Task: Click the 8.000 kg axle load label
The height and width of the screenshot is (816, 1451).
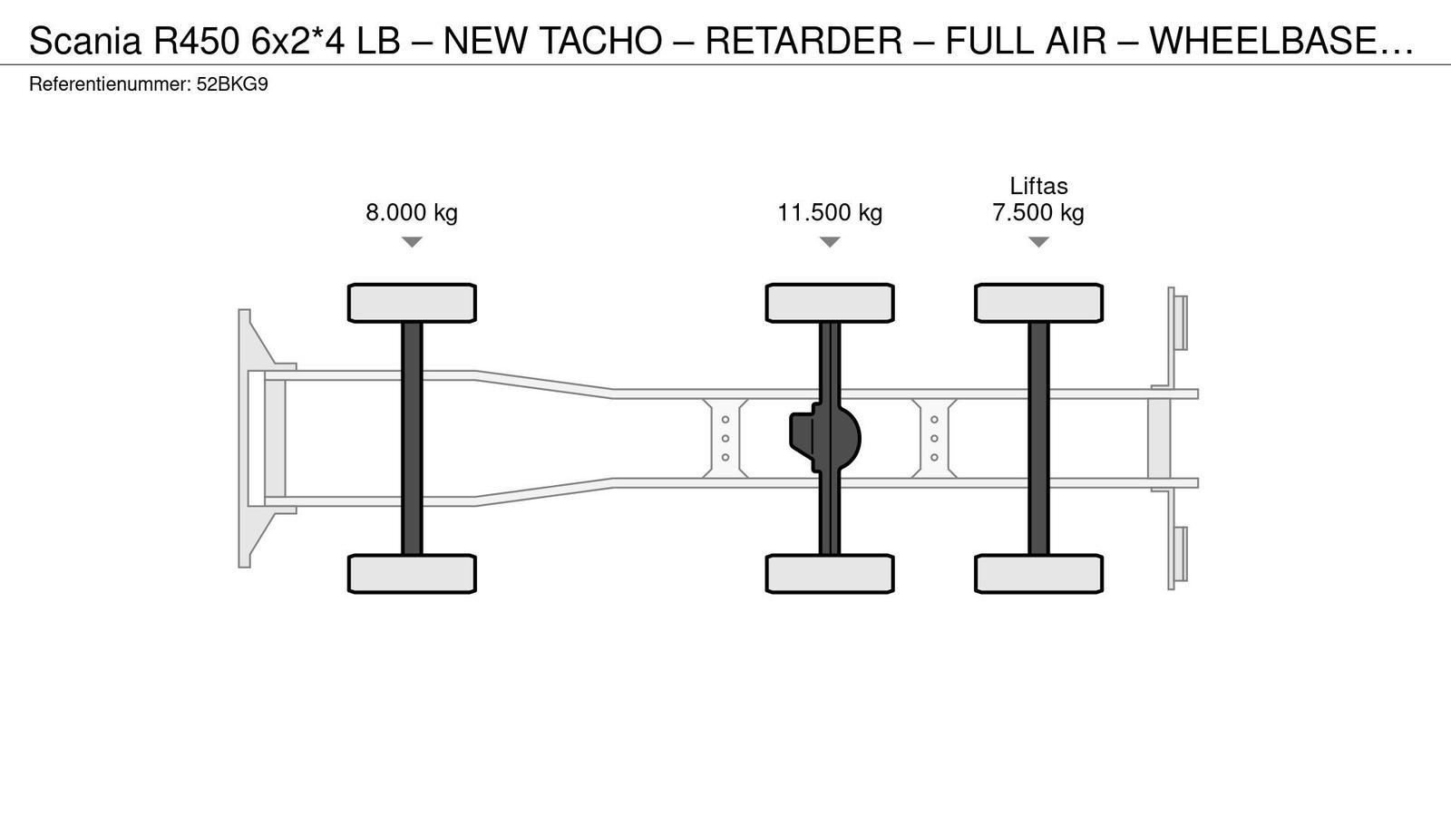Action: [x=412, y=212]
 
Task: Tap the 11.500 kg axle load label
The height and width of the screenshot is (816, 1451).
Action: [x=830, y=212]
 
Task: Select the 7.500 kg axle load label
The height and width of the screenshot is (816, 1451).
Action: [x=1038, y=212]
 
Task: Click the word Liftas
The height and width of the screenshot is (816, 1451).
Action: [x=1038, y=186]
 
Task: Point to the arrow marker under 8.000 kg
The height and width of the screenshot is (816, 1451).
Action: [x=412, y=241]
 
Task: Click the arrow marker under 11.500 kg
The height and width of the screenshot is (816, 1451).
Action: [x=830, y=241]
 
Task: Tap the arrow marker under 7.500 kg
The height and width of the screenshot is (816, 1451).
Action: [x=1038, y=241]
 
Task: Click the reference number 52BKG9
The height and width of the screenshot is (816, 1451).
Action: [x=232, y=84]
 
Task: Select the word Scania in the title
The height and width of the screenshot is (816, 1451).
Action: [x=85, y=41]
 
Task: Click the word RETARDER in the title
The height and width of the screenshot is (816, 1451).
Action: [x=803, y=41]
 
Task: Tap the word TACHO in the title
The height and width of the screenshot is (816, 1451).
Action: [x=600, y=41]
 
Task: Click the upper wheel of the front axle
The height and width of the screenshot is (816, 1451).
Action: [x=412, y=303]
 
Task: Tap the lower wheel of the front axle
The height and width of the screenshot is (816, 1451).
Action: [x=412, y=574]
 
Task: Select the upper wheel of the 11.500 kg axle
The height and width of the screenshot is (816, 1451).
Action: [x=830, y=303]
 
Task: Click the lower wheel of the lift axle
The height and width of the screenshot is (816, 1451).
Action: [x=1038, y=574]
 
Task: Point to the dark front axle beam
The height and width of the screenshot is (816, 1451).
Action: [x=412, y=439]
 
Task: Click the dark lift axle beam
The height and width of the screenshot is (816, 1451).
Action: [x=1038, y=439]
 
